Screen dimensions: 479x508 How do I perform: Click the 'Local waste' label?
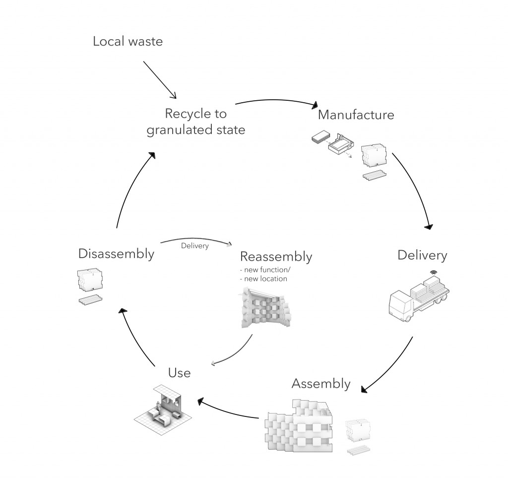pos(127,41)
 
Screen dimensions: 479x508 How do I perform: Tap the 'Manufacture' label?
pos(356,115)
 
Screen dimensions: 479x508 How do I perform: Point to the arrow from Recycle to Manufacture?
pos(276,101)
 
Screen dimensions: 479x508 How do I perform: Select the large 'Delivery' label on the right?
pos(422,255)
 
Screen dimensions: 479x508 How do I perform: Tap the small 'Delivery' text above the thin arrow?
pos(194,246)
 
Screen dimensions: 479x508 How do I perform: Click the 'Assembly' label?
pos(321,384)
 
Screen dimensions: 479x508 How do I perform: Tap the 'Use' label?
pos(179,372)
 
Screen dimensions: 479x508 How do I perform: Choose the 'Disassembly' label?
pos(116,254)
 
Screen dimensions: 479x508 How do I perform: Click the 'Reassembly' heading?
pos(276,257)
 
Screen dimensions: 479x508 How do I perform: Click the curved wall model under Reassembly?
pos(264,310)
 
